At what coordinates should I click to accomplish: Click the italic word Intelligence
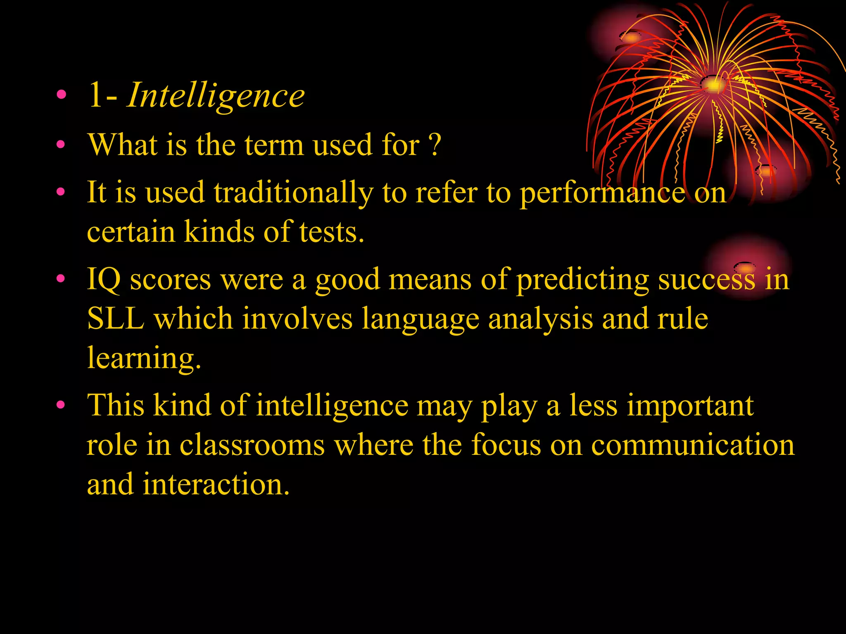click(x=216, y=96)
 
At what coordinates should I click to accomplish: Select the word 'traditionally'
click(x=293, y=193)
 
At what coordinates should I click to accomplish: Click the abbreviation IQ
click(x=104, y=279)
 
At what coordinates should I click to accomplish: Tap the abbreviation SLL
click(x=116, y=319)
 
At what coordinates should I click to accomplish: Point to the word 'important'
click(x=690, y=405)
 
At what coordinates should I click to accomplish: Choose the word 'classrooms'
click(x=252, y=445)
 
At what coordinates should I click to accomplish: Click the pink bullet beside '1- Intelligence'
click(x=62, y=95)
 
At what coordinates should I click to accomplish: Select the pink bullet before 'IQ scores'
click(x=61, y=278)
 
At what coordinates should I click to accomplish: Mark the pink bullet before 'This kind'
click(x=61, y=405)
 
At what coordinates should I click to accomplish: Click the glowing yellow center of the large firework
click(x=713, y=85)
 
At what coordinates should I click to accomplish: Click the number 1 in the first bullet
click(x=95, y=96)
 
